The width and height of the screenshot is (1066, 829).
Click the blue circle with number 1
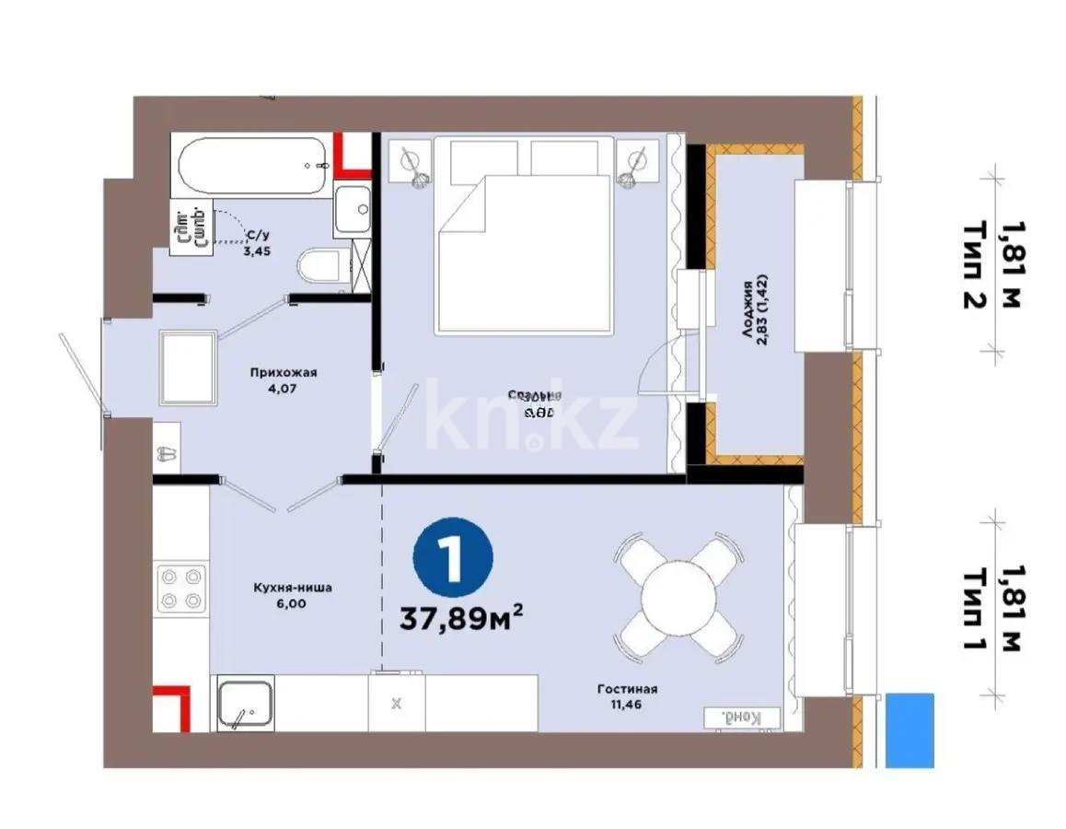click(453, 558)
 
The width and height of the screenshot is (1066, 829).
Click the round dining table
click(678, 596)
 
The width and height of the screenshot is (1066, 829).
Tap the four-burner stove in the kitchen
click(180, 588)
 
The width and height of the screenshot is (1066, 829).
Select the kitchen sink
click(245, 706)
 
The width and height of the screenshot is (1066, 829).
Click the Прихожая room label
click(283, 380)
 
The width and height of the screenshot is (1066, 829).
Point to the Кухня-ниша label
click(293, 595)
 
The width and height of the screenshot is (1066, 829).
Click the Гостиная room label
click(626, 696)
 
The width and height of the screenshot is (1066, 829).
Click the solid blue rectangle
click(910, 730)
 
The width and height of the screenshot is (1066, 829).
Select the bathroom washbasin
click(353, 210)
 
